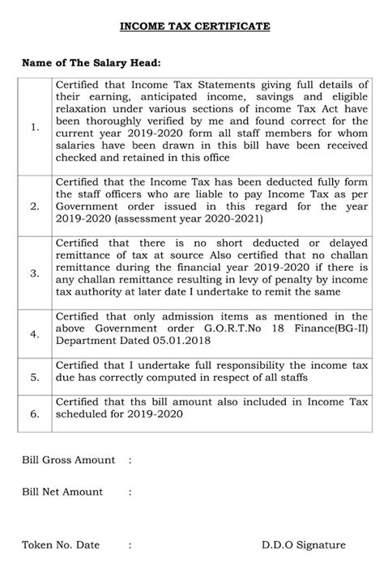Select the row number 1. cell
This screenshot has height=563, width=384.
click(34, 127)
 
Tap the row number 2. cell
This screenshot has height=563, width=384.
click(34, 206)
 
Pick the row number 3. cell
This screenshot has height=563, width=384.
click(34, 273)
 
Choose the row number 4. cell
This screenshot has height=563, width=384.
click(34, 332)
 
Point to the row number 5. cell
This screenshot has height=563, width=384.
click(34, 376)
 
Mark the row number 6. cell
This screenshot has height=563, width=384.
click(34, 414)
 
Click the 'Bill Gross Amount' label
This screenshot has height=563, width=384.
click(68, 460)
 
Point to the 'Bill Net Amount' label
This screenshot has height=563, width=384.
click(62, 491)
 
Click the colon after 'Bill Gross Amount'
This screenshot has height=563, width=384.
click(130, 460)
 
